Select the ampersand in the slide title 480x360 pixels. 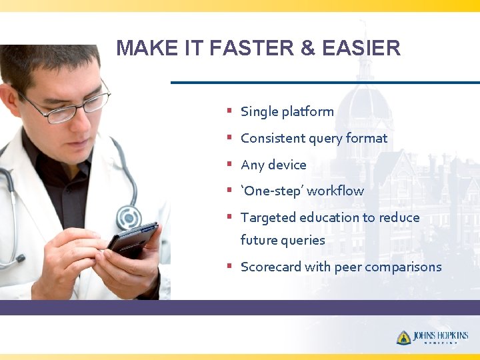point(306,48)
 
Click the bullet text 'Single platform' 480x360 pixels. point(287,112)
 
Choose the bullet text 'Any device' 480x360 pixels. point(273,165)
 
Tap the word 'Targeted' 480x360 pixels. point(268,218)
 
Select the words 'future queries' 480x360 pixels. point(283,241)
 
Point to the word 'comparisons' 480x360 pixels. point(403,267)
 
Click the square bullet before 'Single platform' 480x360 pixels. point(229,111)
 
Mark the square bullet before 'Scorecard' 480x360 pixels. point(229,266)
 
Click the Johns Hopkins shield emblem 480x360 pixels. point(403,337)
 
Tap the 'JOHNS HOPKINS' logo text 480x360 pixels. point(441,336)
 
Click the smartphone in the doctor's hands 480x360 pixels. point(133,239)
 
